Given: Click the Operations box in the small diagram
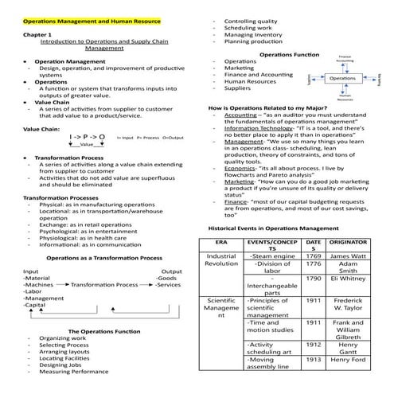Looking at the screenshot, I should [343, 79].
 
